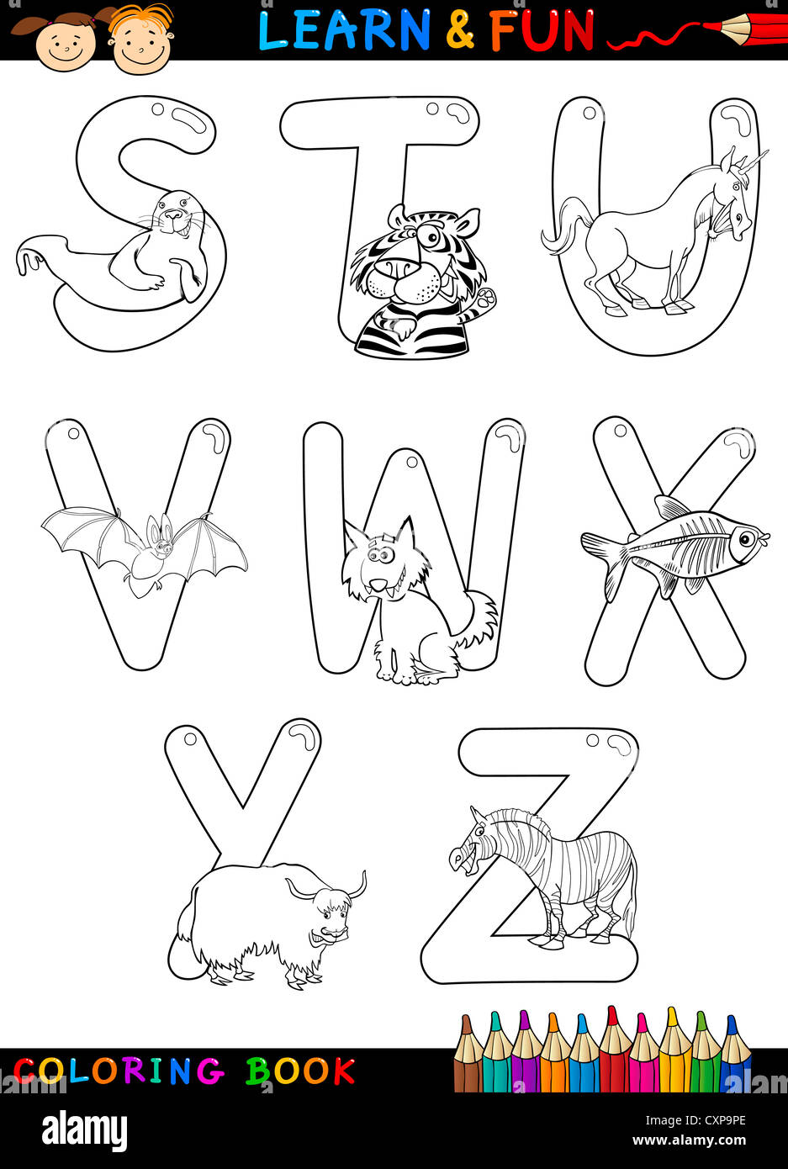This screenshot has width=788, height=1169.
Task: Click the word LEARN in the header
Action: coord(344,30)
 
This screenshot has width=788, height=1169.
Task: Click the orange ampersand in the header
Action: coord(460,30)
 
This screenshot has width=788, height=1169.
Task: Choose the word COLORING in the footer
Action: coord(119,1071)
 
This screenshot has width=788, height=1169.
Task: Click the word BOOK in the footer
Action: coord(300,1071)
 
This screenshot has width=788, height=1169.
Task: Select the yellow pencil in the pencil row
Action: coord(674,1051)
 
